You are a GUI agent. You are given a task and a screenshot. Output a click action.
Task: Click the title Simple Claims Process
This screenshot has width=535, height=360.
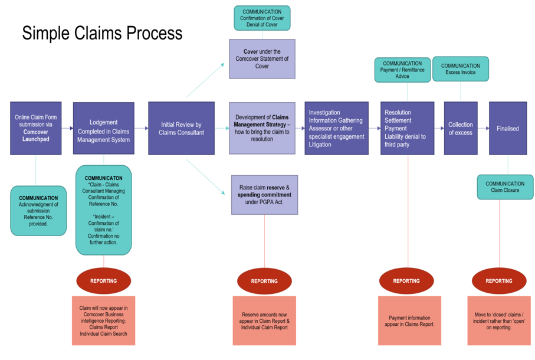click(102, 33)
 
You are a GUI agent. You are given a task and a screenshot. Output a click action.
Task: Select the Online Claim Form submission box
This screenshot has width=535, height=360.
click(35, 128)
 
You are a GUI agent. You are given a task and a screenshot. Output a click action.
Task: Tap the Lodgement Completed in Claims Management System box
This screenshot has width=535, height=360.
click(103, 129)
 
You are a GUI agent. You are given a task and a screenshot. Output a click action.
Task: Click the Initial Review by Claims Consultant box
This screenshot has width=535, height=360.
click(181, 129)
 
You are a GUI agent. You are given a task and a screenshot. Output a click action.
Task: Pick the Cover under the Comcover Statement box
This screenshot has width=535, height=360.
click(262, 59)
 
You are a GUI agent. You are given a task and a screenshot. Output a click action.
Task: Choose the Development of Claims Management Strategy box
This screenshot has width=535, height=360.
click(262, 128)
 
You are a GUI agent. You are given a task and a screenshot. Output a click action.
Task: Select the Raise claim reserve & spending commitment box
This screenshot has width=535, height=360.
click(264, 195)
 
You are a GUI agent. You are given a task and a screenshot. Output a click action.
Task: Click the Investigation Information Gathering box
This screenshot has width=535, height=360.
click(336, 128)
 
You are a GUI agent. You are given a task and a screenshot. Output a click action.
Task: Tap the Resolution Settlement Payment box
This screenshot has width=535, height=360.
click(407, 128)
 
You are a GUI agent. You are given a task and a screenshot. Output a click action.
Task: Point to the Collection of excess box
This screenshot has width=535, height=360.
click(460, 128)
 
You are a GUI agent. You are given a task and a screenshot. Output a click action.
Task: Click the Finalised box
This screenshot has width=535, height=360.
click(507, 128)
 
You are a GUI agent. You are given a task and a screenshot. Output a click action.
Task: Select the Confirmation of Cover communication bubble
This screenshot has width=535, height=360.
click(262, 18)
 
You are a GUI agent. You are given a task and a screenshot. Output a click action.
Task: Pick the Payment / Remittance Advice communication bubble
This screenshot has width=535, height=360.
click(402, 70)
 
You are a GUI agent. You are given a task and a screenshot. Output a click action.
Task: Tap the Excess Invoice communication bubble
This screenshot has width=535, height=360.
click(460, 69)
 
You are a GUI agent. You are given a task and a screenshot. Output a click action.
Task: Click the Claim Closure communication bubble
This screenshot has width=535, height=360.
click(505, 187)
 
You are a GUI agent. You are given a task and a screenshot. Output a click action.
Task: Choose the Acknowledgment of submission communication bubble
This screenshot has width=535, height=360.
click(38, 211)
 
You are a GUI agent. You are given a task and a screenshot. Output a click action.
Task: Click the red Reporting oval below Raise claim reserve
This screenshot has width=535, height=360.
click(264, 282)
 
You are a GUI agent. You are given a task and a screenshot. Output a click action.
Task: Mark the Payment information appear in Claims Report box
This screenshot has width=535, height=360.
click(409, 321)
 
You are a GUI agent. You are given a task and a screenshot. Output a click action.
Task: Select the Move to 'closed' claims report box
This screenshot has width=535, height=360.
click(499, 321)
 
